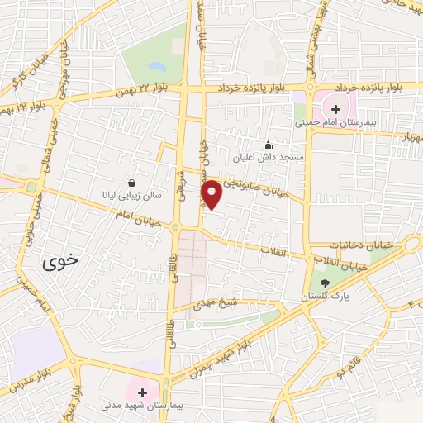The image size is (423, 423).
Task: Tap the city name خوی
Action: [62, 263]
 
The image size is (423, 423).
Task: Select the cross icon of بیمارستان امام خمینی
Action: [335, 108]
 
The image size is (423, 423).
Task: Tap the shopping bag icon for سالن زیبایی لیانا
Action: [132, 183]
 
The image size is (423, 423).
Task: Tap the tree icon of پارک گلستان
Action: [324, 283]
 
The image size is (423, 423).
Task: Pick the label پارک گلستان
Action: [324, 296]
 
